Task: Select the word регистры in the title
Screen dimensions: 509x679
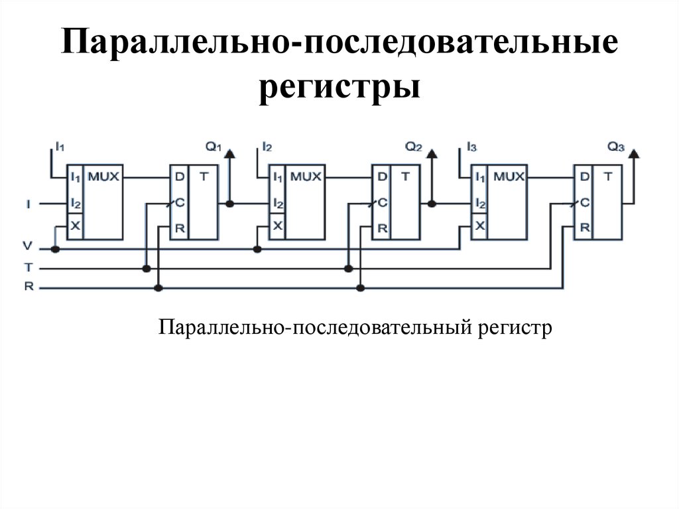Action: tap(339, 88)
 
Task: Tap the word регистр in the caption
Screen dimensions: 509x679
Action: tap(513, 328)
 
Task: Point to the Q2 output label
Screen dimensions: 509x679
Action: tap(414, 147)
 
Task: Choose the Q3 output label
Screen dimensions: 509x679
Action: tap(616, 147)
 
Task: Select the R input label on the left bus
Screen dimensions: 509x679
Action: tap(27, 287)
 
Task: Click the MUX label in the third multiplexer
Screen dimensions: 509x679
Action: tap(509, 177)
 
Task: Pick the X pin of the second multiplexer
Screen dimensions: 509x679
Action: tap(278, 226)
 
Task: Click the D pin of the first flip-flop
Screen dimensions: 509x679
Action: tap(179, 177)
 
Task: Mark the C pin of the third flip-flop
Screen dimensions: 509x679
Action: tap(584, 203)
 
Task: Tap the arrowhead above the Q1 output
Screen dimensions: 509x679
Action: tap(229, 154)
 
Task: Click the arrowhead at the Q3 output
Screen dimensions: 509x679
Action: tap(633, 154)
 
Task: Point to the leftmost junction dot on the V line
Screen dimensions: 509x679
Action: tap(56, 249)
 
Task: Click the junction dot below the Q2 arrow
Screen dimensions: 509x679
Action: tap(432, 203)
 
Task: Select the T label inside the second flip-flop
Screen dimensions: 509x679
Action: tap(405, 177)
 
